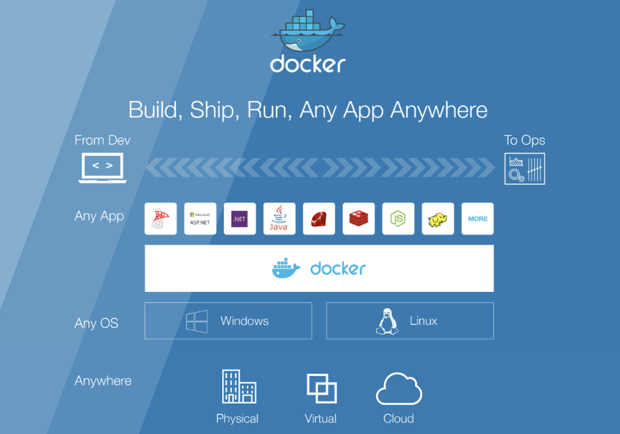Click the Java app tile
pos(279,218)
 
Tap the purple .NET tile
pos(240,218)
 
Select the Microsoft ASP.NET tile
pos(200,218)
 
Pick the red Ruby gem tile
pos(319,218)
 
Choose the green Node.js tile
pos(398,218)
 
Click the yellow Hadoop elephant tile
pos(438,218)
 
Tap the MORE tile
pos(477,218)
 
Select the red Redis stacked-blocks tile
pos(358,218)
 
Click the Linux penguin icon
pos(387,321)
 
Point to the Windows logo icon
pos(197,321)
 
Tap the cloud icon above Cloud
pos(399,389)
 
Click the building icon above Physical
pos(239,386)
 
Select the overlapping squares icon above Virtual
pos(321,389)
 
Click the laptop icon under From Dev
pos(102,168)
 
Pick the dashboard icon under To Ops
pos(525,169)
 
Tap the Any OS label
pos(96,323)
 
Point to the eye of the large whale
pos(299,41)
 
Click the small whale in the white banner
pos(286,268)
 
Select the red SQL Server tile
pos(161,218)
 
